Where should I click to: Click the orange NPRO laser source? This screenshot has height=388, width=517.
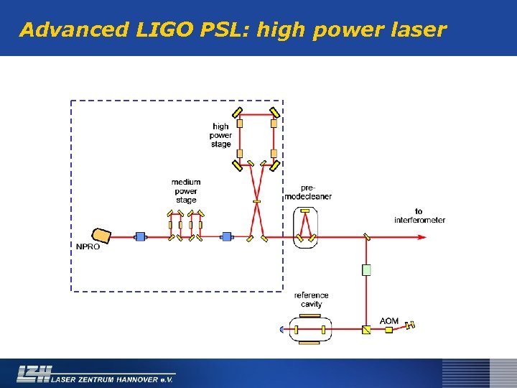101,235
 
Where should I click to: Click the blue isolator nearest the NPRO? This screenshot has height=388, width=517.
140,236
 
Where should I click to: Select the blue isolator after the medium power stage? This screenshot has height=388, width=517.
227,236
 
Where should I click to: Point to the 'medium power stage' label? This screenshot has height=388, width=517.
186,191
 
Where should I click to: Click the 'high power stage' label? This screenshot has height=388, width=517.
221,135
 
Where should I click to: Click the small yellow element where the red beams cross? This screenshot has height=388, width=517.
256,201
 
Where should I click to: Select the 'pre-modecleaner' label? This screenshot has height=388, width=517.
308,192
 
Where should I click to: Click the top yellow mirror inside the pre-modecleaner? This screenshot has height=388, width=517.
305,211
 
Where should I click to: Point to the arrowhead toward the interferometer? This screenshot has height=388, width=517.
425,236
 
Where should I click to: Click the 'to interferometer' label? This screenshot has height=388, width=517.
419,216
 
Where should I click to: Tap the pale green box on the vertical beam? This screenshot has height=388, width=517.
366,269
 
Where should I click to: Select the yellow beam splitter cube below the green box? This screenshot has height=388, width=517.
366,330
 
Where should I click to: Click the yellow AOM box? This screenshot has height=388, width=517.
388,330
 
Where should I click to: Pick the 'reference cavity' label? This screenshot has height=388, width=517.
311,300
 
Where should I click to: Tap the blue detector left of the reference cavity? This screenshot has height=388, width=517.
283,330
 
